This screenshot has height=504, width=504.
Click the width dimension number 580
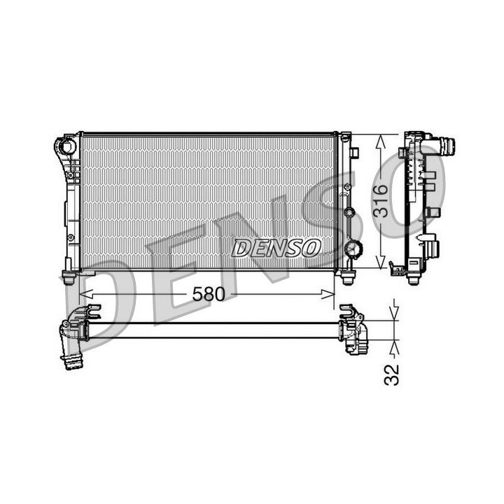209,294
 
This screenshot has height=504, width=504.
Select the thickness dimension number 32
391,374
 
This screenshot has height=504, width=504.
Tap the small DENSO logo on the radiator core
276,248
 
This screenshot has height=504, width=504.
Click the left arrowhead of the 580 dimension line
86,294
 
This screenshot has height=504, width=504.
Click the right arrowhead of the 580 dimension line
328,294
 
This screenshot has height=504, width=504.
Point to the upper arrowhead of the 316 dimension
381,141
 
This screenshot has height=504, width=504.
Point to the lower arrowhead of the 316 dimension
381,262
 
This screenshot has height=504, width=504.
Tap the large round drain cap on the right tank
353,248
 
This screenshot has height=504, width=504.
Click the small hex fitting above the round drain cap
349,213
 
